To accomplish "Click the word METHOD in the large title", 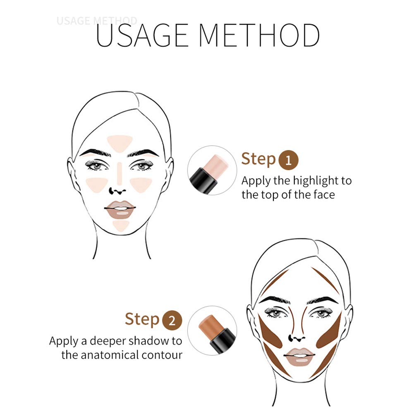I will (x=259, y=36).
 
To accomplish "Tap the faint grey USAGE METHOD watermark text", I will (x=97, y=21).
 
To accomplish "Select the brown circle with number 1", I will (x=289, y=160).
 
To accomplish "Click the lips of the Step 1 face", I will (x=120, y=210).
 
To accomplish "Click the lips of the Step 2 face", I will (x=299, y=357).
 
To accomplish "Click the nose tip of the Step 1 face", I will (x=119, y=191).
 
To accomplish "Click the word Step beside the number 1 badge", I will (x=258, y=159).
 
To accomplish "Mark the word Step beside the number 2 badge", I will (x=142, y=319).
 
